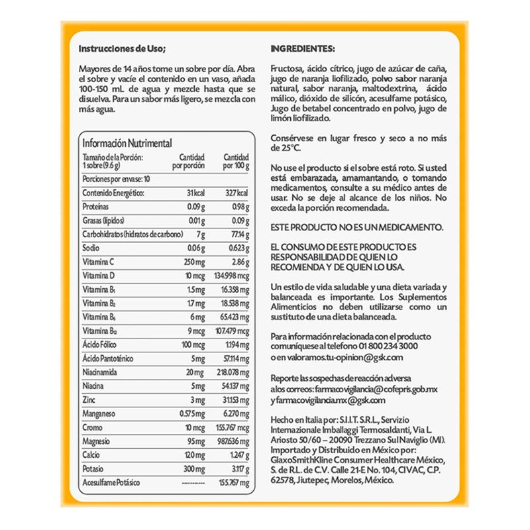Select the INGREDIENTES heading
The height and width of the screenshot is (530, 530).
tap(303, 49)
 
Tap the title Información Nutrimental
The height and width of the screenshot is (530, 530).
tap(127, 143)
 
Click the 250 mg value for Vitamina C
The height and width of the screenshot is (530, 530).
tap(193, 262)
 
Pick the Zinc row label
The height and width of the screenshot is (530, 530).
tap(90, 400)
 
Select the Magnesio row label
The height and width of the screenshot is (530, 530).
tap(97, 441)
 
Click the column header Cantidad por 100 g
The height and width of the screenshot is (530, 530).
tap(236, 162)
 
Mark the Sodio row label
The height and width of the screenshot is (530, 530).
tap(91, 248)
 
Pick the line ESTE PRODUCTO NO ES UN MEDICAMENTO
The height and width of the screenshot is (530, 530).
tap(357, 227)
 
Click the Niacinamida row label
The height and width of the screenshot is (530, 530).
tap(99, 372)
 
